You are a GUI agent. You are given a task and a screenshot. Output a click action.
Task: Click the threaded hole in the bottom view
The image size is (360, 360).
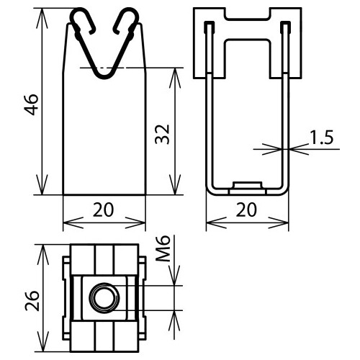coord(100,296)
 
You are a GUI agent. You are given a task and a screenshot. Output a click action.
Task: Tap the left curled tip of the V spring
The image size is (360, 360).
coord(81,19)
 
